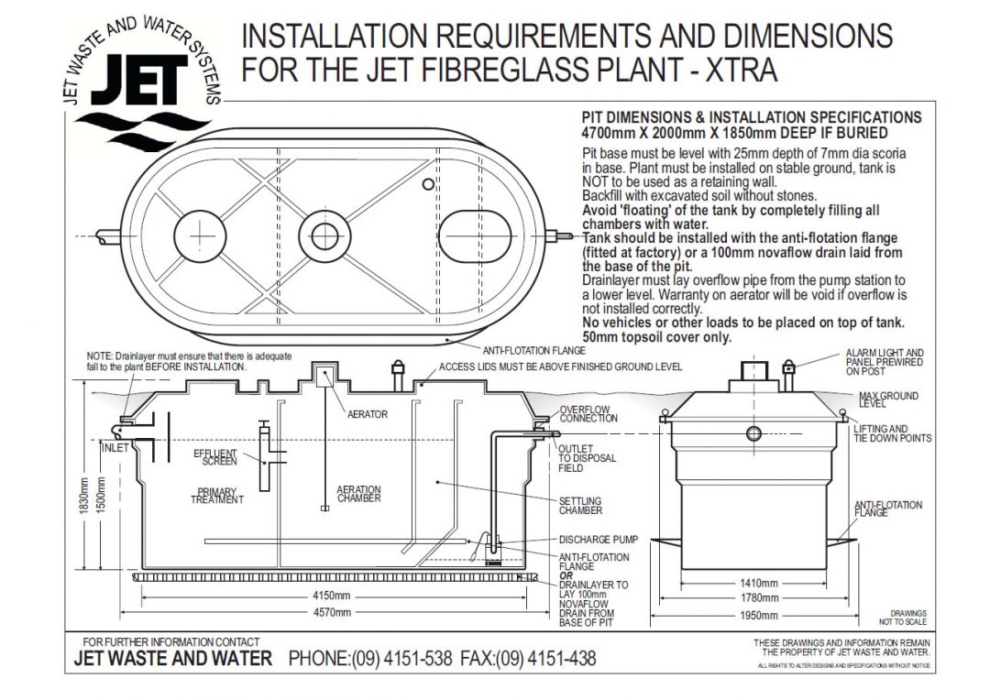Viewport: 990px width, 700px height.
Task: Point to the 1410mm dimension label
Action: [x=758, y=584]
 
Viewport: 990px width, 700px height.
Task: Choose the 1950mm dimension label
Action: [x=758, y=615]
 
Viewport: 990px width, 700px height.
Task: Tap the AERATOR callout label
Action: [x=367, y=414]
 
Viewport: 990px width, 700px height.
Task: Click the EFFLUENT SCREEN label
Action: [x=215, y=456]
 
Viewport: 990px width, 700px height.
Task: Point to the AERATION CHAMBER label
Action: [x=358, y=494]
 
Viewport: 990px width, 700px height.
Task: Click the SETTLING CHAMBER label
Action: [x=580, y=506]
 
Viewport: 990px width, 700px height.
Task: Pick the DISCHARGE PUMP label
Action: [x=598, y=540]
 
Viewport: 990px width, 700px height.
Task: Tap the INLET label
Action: [x=115, y=448]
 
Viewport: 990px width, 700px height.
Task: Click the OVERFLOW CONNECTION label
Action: [x=588, y=414]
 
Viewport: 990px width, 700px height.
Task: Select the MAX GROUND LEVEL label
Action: [x=887, y=399]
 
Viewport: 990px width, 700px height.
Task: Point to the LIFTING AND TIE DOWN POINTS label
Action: [x=892, y=433]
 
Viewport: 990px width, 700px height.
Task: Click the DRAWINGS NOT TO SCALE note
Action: [x=907, y=618]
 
